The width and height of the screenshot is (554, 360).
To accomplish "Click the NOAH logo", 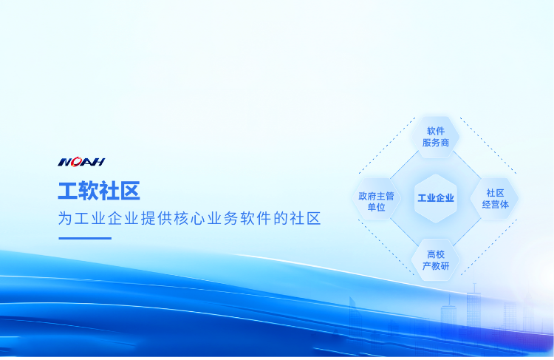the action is pos(81,162).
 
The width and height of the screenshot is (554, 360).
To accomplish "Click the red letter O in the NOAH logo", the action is pos(77,162).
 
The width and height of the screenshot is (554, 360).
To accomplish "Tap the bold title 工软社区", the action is pos(99,191).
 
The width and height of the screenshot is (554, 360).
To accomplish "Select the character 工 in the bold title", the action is pos(68,191).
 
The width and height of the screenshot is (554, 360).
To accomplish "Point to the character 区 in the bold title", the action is pos(130,191).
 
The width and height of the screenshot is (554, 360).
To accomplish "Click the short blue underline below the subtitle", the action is pos(85,238).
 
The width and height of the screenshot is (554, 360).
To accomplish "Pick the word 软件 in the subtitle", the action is pos(256,219).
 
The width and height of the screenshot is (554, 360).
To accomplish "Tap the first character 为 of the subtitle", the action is pos(65,219).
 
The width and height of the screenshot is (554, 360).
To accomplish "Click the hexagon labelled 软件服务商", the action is pos(435,137).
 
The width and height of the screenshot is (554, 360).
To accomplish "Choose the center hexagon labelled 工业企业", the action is pos(436,198).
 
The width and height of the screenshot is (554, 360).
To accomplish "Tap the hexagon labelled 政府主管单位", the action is pos(376,198).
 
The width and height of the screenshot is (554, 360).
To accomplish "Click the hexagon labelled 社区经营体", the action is pos(495,198).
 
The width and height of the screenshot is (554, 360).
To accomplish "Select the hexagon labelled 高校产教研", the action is pos(435,260).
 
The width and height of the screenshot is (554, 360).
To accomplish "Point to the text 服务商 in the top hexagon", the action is pos(436,143).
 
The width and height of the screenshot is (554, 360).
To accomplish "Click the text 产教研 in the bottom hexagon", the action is pos(436,266).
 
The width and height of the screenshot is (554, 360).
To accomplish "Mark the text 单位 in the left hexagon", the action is pos(376,207).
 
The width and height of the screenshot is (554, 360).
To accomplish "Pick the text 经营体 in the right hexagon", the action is pos(496,205).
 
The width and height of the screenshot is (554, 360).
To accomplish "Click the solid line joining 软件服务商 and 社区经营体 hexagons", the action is pos(467,165).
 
